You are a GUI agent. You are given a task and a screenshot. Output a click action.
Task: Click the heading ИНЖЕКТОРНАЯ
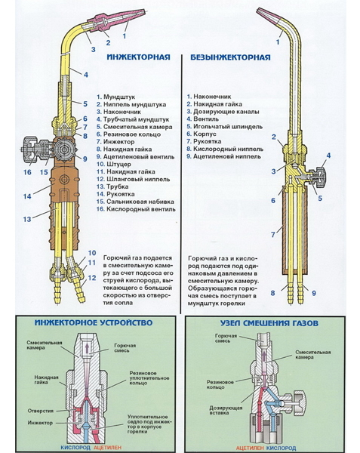point(138,57)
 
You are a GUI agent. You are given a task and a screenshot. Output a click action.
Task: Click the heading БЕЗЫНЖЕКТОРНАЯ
point(230,57)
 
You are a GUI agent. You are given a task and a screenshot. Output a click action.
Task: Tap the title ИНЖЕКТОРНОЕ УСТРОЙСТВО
point(94,322)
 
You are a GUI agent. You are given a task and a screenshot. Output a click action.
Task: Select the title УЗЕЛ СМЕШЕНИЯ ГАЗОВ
point(269,322)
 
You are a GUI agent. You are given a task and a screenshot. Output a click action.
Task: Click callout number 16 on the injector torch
point(27,172)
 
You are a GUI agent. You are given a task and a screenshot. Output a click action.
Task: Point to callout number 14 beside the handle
point(27,196)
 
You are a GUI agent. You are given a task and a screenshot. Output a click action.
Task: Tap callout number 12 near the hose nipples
point(92,278)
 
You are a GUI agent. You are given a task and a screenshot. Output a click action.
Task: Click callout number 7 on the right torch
point(273,235)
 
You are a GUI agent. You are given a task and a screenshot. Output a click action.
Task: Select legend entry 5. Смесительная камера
point(134,127)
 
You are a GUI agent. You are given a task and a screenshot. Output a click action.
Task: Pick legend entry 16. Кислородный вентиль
point(136,209)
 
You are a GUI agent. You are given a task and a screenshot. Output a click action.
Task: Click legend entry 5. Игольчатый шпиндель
point(225,127)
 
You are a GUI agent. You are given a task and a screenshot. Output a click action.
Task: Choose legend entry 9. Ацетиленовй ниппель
point(223,156)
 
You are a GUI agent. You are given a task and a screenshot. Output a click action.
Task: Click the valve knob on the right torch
point(321,177)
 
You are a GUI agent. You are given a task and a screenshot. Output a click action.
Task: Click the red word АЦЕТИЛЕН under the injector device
point(108,448)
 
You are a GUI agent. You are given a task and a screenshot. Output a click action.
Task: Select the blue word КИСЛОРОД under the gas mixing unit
point(281,448)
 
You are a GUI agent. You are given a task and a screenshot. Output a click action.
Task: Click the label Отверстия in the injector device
point(41,411)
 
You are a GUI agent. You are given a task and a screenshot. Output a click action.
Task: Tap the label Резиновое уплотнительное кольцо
point(149,378)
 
